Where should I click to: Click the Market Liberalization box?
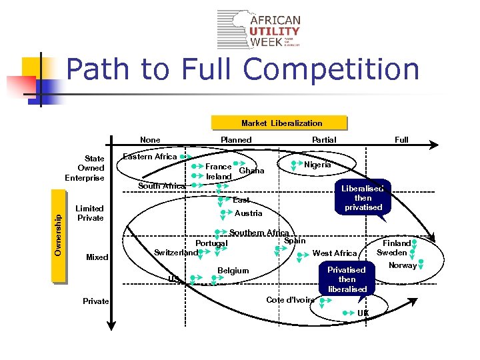tap(281, 123)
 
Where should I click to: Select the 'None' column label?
tap(150, 140)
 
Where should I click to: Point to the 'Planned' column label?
tap(236, 140)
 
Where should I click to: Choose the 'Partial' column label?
tap(324, 140)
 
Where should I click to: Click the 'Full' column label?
tap(401, 140)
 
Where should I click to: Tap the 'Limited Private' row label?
tap(90, 213)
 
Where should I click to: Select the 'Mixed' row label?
tap(97, 257)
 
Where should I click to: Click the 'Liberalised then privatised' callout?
tap(363, 198)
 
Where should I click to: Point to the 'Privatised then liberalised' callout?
tap(347, 279)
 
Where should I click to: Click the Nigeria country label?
tap(317, 165)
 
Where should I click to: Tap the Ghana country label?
tap(251, 171)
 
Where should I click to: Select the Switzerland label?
tap(176, 253)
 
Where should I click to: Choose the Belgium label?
tap(233, 271)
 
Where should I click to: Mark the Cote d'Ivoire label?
tap(290, 300)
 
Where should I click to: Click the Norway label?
tap(402, 265)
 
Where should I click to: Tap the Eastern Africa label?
tap(150, 157)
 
